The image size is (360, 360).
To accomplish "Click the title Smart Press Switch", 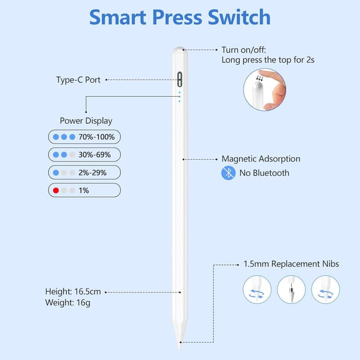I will [x=180, y=17].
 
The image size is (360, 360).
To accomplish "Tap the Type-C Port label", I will [x=78, y=80].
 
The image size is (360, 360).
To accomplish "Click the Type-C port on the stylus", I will [x=179, y=78].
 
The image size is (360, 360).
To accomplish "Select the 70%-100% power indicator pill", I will [x=84, y=137].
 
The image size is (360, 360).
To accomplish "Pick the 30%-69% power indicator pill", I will [x=84, y=154].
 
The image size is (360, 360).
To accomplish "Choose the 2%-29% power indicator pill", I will [x=84, y=172].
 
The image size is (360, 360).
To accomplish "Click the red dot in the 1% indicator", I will [x=56, y=190].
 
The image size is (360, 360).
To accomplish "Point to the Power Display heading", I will [x=86, y=121].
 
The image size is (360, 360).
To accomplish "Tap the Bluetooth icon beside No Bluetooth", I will [x=228, y=173].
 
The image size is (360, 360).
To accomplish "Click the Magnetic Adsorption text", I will [x=261, y=159].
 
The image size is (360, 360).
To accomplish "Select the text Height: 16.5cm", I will [x=73, y=291].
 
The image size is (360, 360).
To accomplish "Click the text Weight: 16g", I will [x=67, y=303].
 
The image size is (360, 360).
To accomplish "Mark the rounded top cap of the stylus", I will [x=180, y=51].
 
